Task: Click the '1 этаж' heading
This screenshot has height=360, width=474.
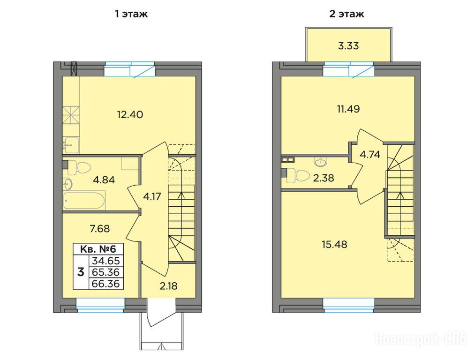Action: [131, 14]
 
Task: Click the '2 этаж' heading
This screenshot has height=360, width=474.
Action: [347, 14]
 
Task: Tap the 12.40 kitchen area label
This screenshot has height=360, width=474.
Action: [130, 115]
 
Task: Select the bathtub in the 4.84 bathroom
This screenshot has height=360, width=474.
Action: [84, 200]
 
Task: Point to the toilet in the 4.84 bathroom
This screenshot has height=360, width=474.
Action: [79, 168]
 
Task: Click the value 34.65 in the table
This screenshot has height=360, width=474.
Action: [106, 261]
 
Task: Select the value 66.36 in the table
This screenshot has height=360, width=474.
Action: [106, 284]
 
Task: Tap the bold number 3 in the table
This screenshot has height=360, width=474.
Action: [81, 272]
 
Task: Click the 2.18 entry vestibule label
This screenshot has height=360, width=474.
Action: [168, 285]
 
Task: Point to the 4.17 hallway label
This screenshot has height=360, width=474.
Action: [152, 197]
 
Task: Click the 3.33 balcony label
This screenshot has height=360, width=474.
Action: [348, 45]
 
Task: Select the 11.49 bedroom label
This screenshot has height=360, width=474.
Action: [348, 109]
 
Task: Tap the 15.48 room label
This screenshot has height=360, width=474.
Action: [334, 244]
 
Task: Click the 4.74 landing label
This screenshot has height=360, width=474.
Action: [370, 155]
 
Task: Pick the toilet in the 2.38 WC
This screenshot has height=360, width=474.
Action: [297, 176]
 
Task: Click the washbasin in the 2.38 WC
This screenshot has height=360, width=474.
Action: [320, 162]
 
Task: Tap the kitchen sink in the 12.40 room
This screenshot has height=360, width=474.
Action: [71, 145]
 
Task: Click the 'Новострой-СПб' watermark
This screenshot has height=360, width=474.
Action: [421, 337]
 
